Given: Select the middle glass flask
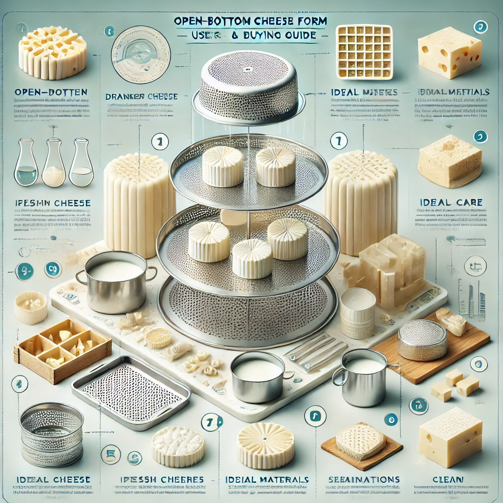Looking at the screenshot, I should (x=53, y=165).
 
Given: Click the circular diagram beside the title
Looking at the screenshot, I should (x=140, y=52).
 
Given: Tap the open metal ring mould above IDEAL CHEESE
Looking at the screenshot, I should (x=51, y=434).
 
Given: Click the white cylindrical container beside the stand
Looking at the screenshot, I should (x=357, y=312).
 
